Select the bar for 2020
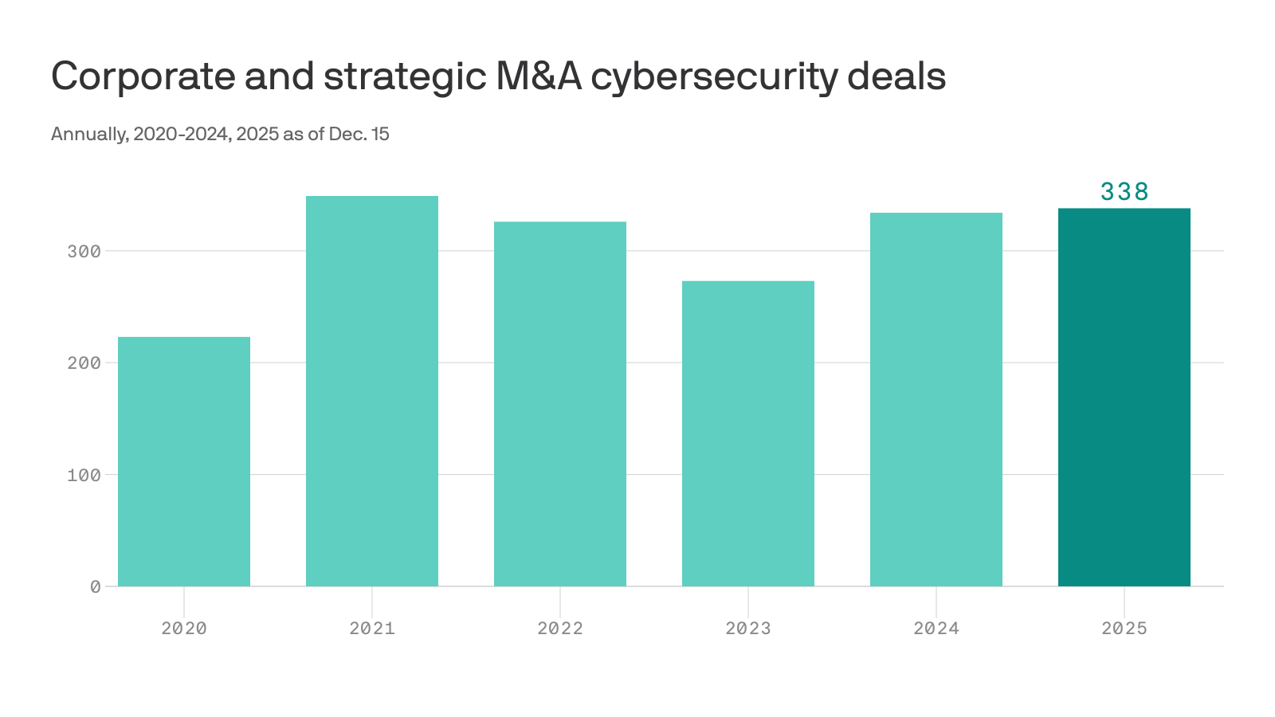[x=184, y=462]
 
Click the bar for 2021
[x=372, y=391]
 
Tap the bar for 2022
[x=560, y=404]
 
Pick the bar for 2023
[x=748, y=433]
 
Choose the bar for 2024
[x=936, y=399]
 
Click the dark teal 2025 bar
[x=1124, y=398]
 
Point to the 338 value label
[x=1124, y=192]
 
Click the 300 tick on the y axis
[x=84, y=252]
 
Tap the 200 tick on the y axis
[x=84, y=363]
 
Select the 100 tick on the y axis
[x=84, y=476]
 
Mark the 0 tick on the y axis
[x=96, y=587]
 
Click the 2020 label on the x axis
[x=184, y=629]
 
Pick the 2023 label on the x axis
[x=748, y=629]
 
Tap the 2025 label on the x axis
[x=1124, y=629]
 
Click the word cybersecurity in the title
[x=714, y=77]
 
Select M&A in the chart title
[x=539, y=76]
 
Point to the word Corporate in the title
[x=143, y=77]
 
